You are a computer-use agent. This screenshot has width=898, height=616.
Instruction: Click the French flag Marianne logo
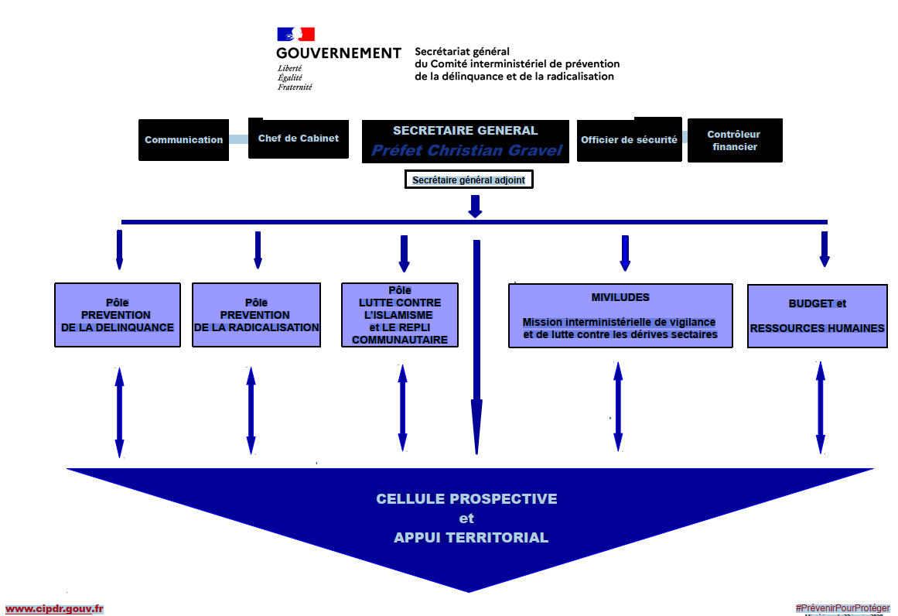click(x=296, y=34)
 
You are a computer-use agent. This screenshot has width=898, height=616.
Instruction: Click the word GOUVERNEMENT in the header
click(x=338, y=53)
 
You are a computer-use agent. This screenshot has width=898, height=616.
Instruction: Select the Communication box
click(x=183, y=140)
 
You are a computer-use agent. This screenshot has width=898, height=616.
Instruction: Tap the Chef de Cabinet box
click(x=298, y=139)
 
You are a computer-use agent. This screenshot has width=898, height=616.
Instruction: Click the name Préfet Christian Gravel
click(x=466, y=150)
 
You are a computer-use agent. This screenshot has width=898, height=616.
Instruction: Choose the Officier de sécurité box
click(x=629, y=140)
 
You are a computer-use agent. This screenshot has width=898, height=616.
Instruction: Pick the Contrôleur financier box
click(x=734, y=140)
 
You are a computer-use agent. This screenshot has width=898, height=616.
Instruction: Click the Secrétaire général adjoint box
click(x=469, y=180)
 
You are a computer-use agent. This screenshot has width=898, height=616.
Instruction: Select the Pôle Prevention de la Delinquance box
click(x=118, y=315)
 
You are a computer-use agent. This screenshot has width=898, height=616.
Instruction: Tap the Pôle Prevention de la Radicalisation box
click(x=256, y=315)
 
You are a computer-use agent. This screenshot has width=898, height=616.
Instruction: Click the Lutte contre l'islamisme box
click(x=400, y=315)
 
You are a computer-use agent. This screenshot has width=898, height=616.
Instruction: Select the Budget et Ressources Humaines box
click(x=817, y=316)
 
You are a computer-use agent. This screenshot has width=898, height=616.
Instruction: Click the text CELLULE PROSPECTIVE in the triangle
click(x=466, y=499)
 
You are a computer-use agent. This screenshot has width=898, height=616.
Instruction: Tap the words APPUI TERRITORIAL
click(x=471, y=538)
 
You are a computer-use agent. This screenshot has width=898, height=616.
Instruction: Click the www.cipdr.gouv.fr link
click(x=54, y=609)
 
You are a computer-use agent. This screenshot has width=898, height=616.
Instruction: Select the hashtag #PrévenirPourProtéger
click(x=842, y=608)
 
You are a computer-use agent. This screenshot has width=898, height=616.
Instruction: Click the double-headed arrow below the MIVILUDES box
click(x=618, y=406)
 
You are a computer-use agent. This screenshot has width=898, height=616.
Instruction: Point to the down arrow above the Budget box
click(x=825, y=248)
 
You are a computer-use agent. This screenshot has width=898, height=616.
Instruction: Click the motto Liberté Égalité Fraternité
click(x=295, y=77)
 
